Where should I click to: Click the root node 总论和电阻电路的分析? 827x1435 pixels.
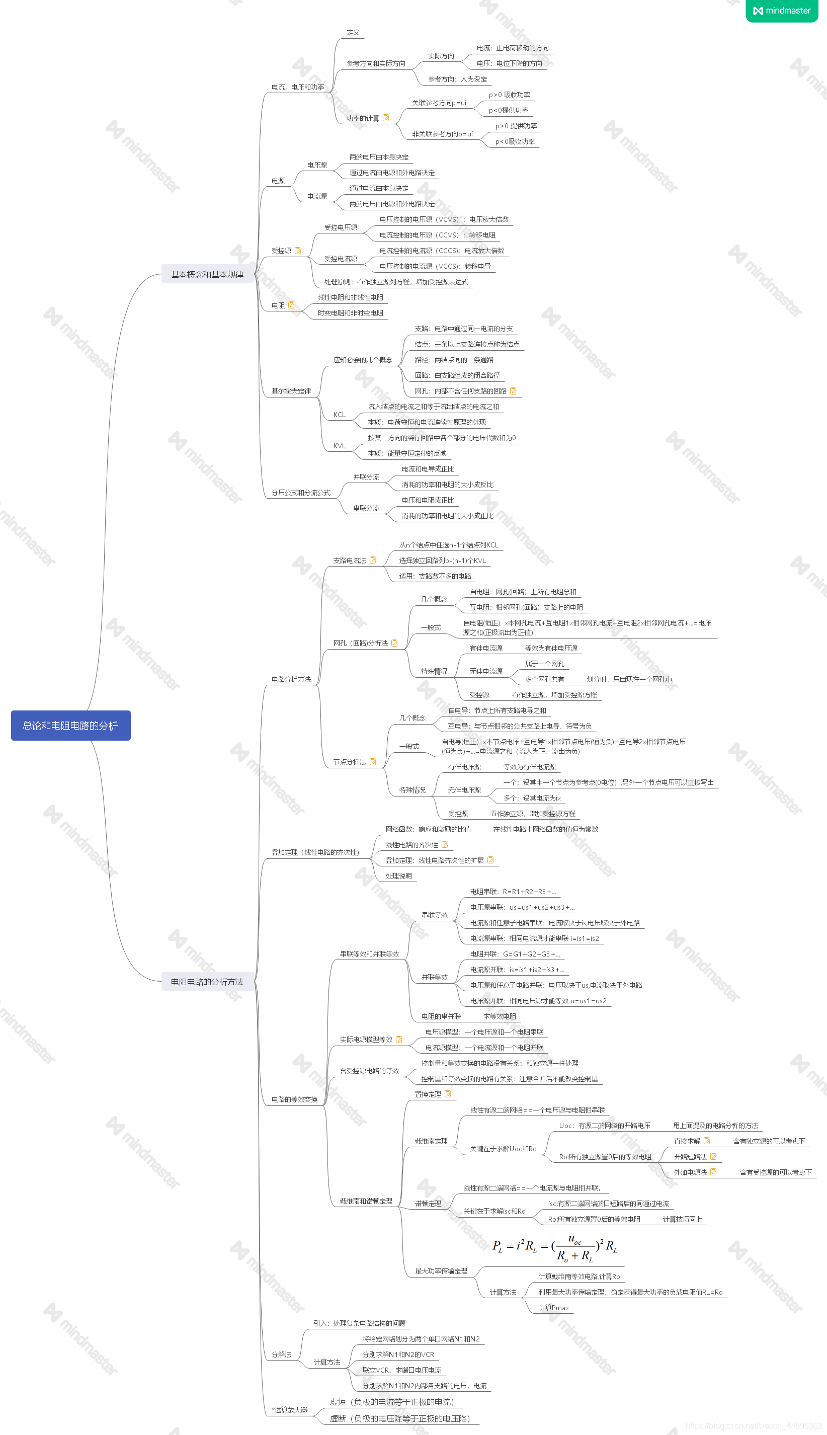[70, 726]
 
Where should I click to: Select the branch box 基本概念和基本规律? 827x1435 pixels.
[207, 274]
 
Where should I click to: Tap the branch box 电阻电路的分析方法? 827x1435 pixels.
[207, 982]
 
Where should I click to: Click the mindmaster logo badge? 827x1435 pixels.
[782, 11]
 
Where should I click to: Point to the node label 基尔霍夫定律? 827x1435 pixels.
[291, 391]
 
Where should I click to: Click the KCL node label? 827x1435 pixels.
[339, 415]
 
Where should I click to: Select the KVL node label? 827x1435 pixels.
[339, 446]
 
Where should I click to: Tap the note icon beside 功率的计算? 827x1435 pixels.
[386, 118]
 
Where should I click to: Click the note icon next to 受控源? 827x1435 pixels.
[298, 251]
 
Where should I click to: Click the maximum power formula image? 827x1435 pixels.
[554, 1247]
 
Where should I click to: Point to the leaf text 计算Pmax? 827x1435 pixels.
[553, 1308]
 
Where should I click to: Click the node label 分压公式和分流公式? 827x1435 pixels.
[300, 493]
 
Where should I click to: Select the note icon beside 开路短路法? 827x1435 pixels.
[713, 1157]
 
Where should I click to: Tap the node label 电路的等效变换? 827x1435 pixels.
[294, 1099]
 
